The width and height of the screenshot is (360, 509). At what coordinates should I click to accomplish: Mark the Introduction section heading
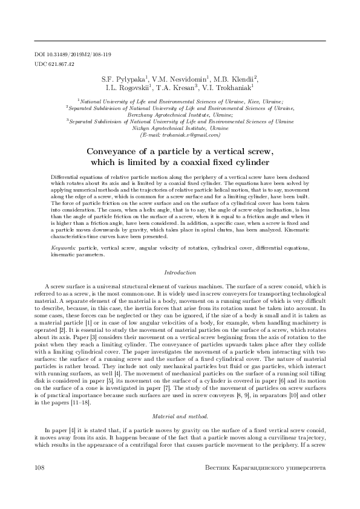[x=180, y=273]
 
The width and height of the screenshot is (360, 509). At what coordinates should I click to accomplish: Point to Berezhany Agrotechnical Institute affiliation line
[x=180, y=114]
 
